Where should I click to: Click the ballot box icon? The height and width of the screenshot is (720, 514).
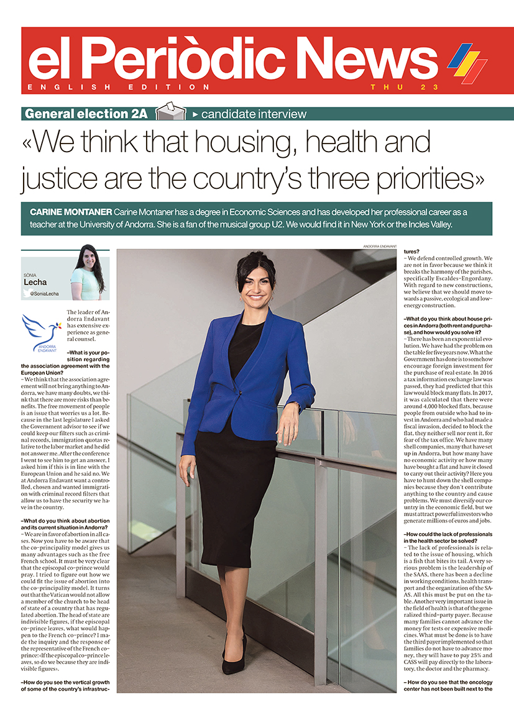pos(171,112)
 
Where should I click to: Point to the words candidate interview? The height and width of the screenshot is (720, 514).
pos(254,114)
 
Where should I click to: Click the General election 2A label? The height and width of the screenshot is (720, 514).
pos(86,114)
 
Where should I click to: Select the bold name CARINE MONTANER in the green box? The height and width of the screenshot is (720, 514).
pos(68,212)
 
